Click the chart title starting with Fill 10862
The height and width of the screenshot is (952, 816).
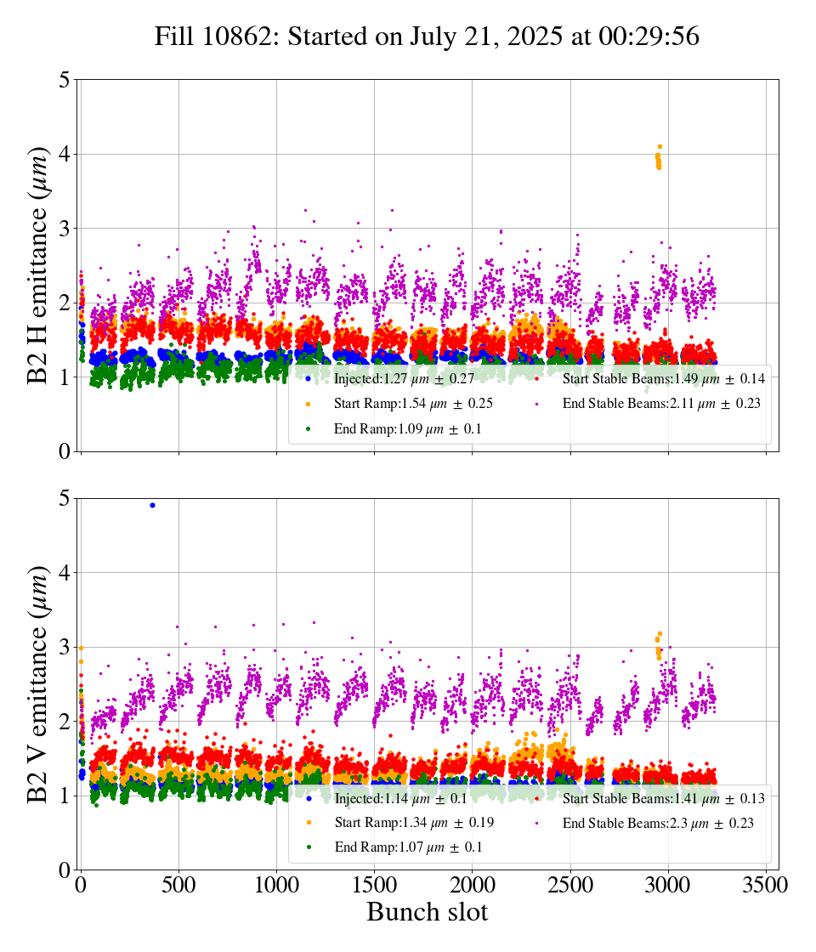(x=427, y=37)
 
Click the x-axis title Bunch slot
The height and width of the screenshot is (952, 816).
(x=427, y=912)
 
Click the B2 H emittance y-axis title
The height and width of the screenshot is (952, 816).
(x=38, y=265)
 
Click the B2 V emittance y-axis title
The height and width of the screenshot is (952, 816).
(x=38, y=683)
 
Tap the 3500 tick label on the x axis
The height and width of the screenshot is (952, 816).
(x=765, y=885)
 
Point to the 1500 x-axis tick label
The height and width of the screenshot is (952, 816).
(x=374, y=885)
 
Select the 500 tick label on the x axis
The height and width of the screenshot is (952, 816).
(x=178, y=885)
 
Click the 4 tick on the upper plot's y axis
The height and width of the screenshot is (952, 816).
(x=64, y=155)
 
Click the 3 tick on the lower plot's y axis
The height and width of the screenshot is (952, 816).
(x=64, y=648)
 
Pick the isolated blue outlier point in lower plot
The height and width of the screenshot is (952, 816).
(x=152, y=505)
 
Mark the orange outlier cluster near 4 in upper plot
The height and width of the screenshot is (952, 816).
(x=659, y=157)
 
